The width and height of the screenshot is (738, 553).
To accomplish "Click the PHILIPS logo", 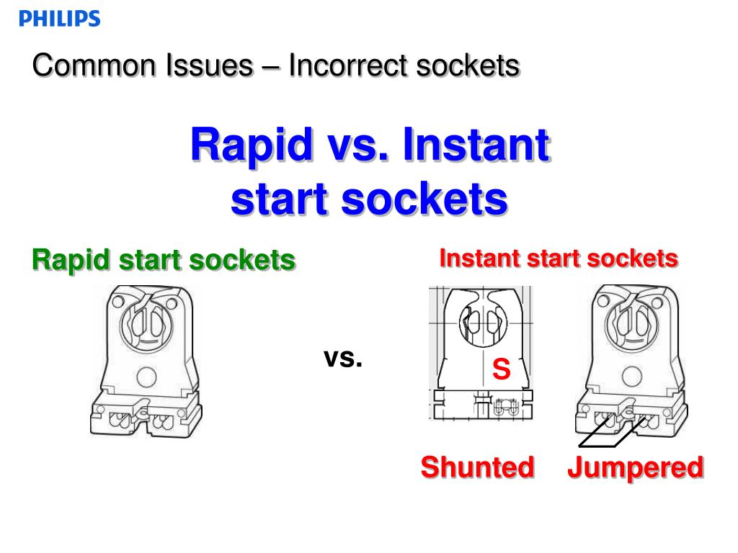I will [60, 19].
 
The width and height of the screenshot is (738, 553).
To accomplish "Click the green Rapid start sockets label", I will [164, 260].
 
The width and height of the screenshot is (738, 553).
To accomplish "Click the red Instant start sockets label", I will [559, 258].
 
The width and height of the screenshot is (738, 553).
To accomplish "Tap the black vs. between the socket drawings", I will [343, 357].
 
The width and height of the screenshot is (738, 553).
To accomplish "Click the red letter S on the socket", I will [501, 370].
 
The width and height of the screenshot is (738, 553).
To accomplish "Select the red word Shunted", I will [478, 467].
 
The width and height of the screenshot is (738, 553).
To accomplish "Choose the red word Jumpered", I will [635, 467].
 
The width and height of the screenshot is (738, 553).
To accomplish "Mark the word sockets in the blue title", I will [424, 200].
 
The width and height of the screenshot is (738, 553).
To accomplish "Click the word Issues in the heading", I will [208, 66].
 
